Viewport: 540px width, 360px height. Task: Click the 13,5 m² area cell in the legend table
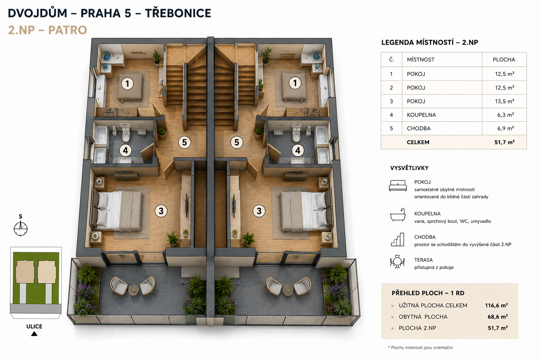(504, 101)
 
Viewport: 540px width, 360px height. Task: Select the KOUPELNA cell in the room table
(421, 115)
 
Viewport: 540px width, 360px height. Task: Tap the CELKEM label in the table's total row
(418, 142)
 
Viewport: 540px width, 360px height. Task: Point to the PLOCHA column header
(504, 59)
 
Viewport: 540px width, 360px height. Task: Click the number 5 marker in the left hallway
(185, 142)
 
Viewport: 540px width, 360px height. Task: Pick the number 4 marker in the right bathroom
(298, 150)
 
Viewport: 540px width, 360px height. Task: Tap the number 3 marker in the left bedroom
(161, 211)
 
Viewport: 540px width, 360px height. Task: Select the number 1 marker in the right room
(295, 83)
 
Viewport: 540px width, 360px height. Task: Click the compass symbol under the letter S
(21, 229)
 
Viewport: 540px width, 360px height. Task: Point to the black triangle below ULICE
(34, 334)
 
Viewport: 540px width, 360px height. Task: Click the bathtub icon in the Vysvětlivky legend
(398, 215)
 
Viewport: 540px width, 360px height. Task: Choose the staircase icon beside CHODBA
(398, 239)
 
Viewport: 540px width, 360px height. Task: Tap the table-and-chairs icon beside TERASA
(397, 262)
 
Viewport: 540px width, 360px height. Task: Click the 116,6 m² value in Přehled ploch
(496, 306)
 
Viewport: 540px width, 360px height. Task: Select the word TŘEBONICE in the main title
(178, 13)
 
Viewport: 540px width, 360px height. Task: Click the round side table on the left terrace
(133, 290)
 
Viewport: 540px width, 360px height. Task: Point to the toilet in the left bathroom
(126, 134)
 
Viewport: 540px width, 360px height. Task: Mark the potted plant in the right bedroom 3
(248, 239)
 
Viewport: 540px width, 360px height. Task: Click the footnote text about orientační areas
(421, 347)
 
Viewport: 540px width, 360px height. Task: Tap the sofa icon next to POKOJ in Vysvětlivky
(398, 186)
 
